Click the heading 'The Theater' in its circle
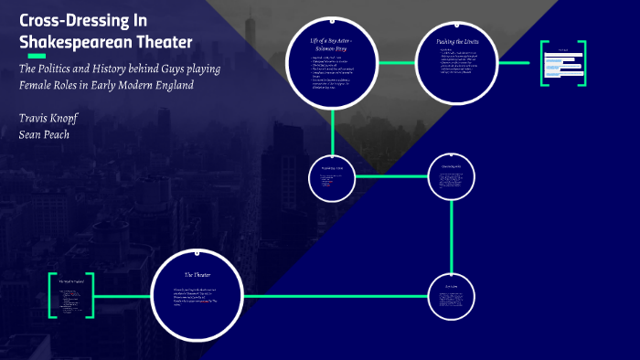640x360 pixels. coord(197,274)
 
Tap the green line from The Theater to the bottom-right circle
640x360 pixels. coord(338,296)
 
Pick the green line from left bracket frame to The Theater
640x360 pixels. coord(122,296)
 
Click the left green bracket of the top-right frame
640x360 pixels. coord(543,63)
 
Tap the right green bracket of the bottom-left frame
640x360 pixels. coord(92,296)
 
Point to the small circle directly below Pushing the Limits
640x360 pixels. coord(452,175)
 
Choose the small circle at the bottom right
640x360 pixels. coord(452,295)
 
